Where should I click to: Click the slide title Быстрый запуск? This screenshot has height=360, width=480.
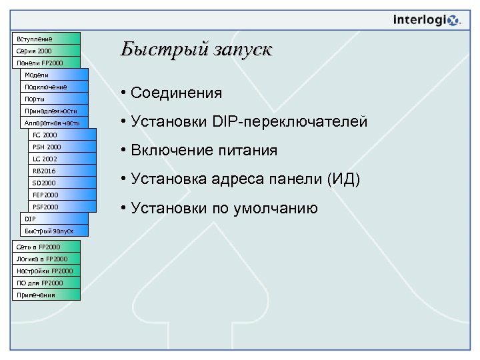point(197,49)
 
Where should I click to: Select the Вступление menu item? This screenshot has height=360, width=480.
point(47,39)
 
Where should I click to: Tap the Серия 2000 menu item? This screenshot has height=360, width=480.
point(47,51)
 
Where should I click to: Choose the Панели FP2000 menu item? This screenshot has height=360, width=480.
point(47,63)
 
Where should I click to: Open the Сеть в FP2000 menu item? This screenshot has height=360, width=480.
point(47,247)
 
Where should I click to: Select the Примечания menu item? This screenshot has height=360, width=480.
point(47,295)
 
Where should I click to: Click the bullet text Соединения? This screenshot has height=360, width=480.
point(177,93)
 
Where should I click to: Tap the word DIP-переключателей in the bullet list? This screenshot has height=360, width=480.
point(290,121)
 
